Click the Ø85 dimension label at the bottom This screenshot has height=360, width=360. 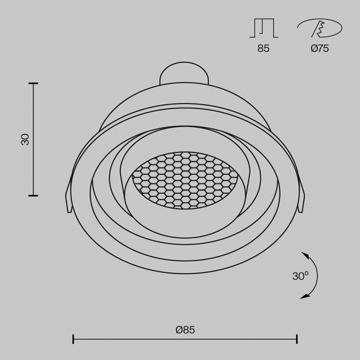point(185,329)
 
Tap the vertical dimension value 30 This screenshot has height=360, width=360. point(25,139)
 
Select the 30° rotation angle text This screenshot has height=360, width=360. point(300,276)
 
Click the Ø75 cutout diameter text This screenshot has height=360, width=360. point(319,48)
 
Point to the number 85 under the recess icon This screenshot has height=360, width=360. point(263,48)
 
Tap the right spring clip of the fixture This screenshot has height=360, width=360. point(301,200)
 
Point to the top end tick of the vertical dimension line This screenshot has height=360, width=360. point(33,83)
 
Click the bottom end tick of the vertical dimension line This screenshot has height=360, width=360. point(33,195)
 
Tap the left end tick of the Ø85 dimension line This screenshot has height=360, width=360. point(73,339)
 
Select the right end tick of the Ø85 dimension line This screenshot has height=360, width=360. point(297,339)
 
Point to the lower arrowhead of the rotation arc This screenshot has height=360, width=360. point(304,297)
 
